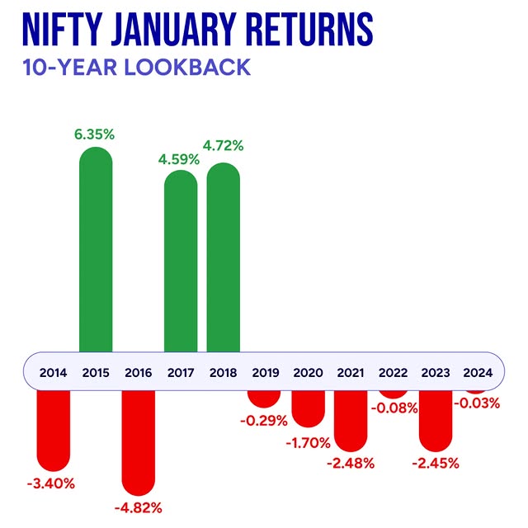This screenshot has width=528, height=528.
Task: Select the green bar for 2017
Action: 181,264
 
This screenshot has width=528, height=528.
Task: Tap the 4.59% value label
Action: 180,159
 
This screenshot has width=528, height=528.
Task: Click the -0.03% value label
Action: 477,402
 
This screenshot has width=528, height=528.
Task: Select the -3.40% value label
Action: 52,483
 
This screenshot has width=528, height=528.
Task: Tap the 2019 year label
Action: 266,372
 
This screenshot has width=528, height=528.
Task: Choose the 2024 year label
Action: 478,372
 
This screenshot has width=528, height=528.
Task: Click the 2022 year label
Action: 393,372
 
